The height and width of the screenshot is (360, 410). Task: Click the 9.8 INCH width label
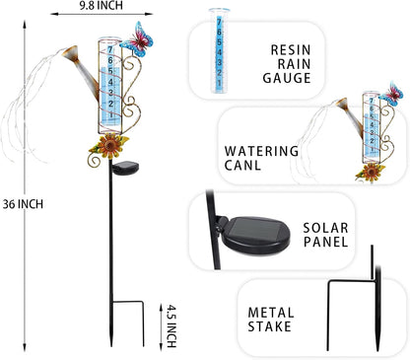pos(103,7)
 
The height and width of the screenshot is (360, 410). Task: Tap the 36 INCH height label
pos(22,203)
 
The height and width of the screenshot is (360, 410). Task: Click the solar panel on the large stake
pos(126,170)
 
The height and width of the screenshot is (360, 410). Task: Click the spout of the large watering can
pos(68,46)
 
